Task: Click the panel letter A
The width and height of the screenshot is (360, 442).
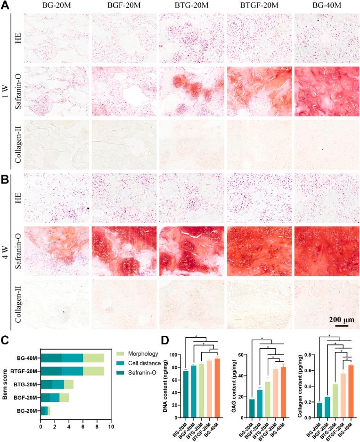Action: click(5, 6)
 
